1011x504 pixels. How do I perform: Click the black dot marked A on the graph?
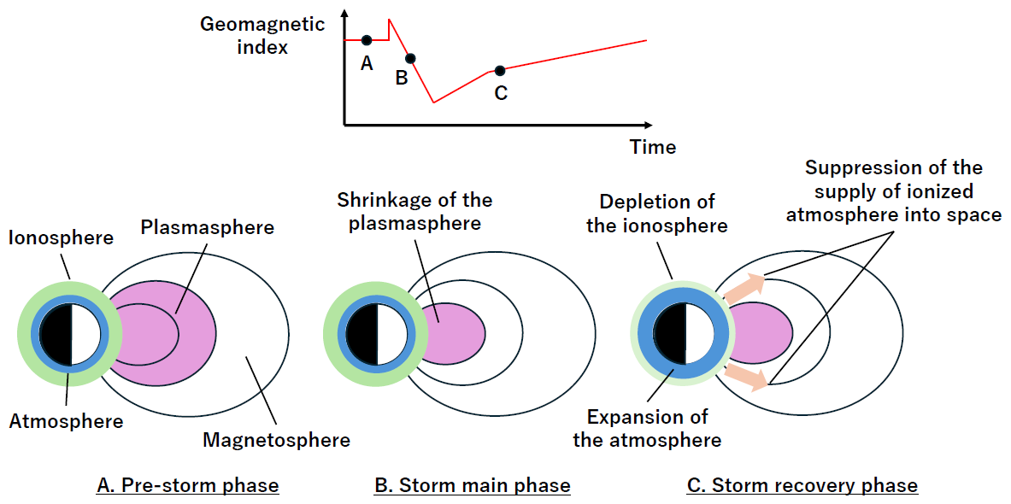367,40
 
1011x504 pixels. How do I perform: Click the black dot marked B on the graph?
410,58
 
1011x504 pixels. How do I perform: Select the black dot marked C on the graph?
500,70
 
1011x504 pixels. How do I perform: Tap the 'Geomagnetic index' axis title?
262,35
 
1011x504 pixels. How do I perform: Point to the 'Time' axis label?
653,147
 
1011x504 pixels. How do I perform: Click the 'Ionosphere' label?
61,237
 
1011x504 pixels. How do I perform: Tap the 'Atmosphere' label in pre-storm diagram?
66,421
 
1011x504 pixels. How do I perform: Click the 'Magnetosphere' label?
276,441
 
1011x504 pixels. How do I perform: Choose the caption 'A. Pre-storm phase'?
188,486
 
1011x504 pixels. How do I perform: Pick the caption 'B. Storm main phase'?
472,486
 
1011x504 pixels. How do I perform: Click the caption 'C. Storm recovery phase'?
802,486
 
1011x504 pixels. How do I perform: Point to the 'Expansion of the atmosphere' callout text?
647,429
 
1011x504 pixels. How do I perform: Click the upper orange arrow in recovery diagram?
745,284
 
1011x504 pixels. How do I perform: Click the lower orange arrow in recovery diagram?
745,378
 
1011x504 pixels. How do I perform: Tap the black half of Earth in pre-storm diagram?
56,332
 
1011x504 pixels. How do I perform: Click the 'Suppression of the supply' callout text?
893,191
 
